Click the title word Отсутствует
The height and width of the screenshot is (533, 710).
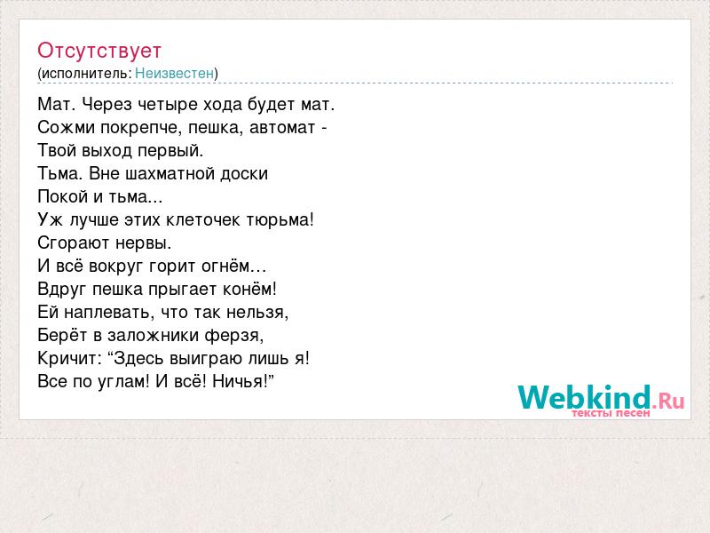tap(99, 51)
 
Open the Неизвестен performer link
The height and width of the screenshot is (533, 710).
tap(174, 73)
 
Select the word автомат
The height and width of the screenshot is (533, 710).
tap(282, 127)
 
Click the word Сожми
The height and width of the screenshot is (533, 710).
tap(66, 127)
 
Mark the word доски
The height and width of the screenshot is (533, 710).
tap(245, 174)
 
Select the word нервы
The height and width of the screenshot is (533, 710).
tap(143, 243)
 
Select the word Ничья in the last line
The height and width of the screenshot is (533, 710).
tap(240, 381)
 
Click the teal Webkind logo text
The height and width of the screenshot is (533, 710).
tap(584, 397)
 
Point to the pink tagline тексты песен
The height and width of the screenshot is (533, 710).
tap(611, 413)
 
